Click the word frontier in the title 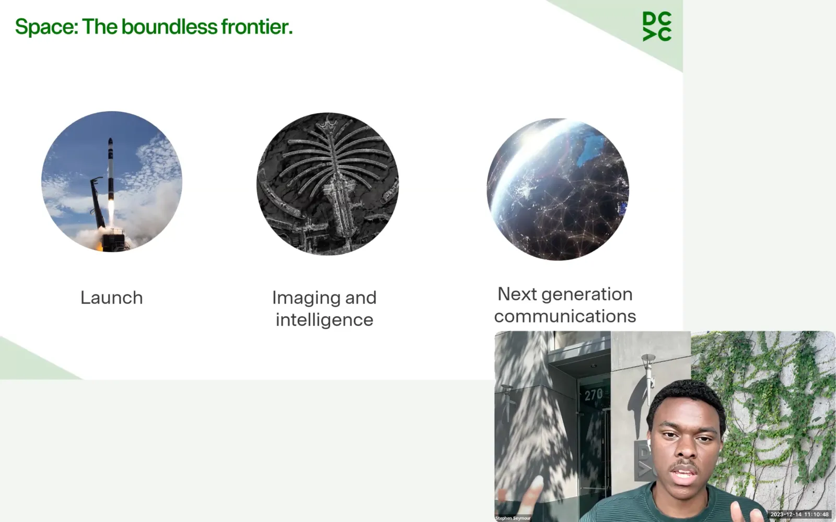tap(254, 27)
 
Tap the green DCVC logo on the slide tap(657, 26)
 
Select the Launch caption tap(112, 298)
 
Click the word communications tap(565, 316)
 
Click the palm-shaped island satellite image tap(328, 183)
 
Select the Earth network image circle tap(558, 189)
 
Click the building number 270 tap(594, 394)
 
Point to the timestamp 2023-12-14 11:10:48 tap(799, 515)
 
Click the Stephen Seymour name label tap(513, 518)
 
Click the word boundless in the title tap(169, 27)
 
